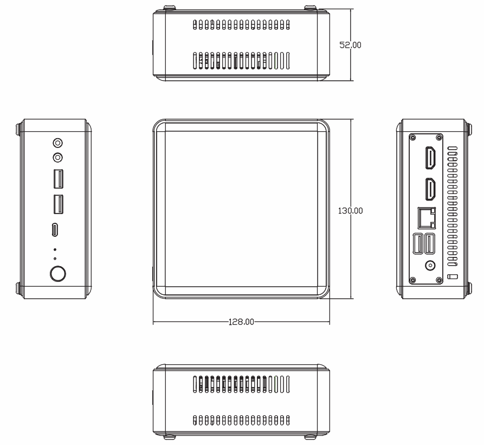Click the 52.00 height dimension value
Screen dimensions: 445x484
350,45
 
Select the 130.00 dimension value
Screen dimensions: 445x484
351,210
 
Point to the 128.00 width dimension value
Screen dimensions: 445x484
241,321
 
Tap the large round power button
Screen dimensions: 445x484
57,274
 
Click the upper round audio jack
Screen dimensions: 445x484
57,143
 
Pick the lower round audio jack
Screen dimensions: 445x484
57,158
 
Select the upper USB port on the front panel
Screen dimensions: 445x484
58,178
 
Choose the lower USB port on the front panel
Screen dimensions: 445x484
58,203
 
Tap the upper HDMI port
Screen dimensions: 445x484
431,158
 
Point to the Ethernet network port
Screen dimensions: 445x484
427,218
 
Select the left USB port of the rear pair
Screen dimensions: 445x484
419,243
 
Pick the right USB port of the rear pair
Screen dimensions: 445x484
429,243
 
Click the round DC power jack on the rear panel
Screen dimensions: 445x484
430,266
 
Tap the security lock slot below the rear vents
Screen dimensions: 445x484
453,278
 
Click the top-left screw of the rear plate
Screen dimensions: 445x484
413,138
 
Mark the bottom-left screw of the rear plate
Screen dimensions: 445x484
413,280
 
